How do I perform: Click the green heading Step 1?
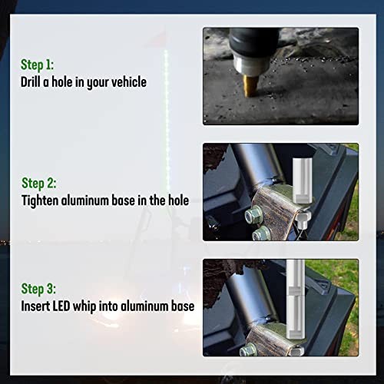(37, 65)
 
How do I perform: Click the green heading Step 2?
(39, 184)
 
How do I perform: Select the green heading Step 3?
(38, 289)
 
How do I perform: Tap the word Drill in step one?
(31, 82)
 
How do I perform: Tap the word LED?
(61, 306)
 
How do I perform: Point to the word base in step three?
(183, 306)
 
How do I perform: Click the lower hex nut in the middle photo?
(261, 233)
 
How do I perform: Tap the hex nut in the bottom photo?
(248, 350)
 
